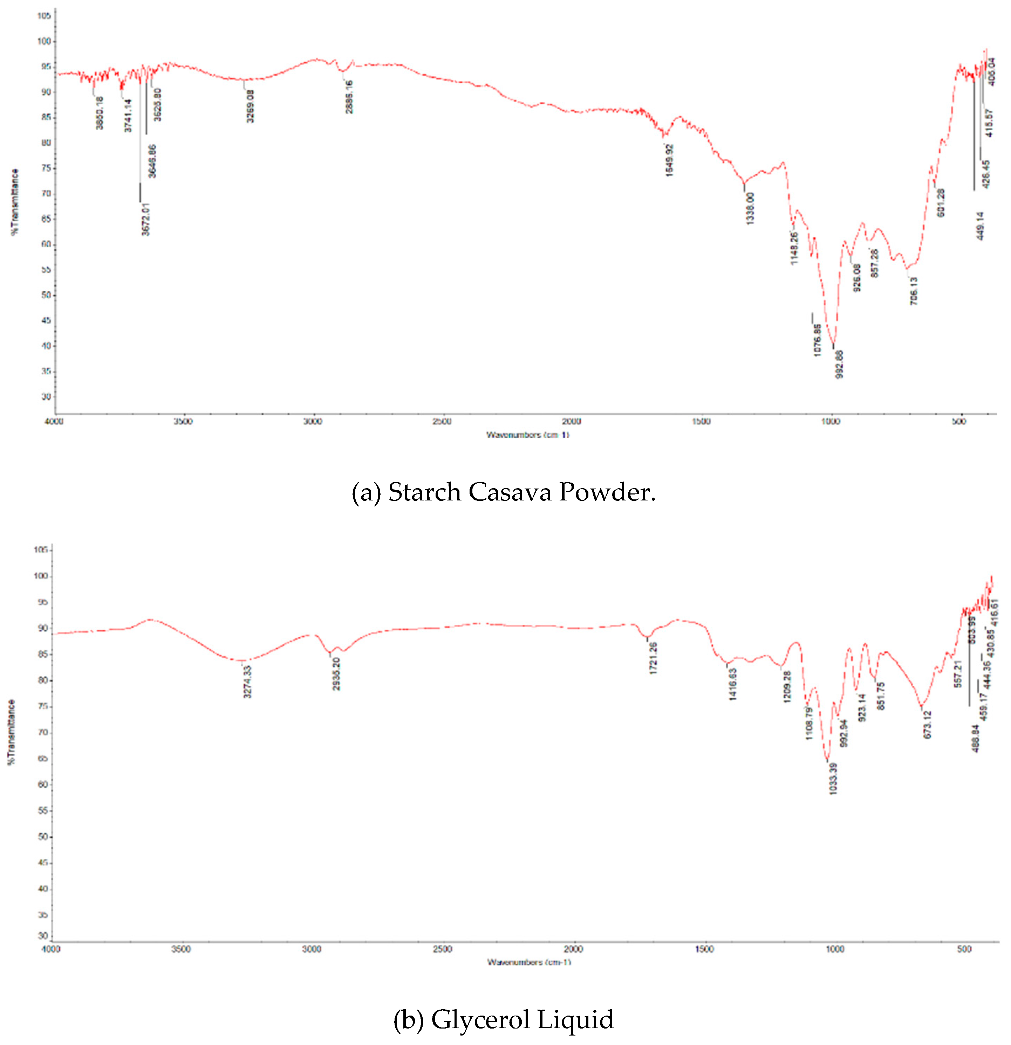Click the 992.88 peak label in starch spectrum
pyautogui.click(x=839, y=364)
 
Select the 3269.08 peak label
pyautogui.click(x=250, y=106)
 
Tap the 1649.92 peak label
pyautogui.click(x=670, y=160)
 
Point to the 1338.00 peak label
pyautogui.click(x=751, y=208)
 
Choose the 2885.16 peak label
pyautogui.click(x=349, y=97)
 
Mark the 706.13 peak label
pyautogui.click(x=914, y=291)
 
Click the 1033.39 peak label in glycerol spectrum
pyautogui.click(x=833, y=779)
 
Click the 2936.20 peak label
pyautogui.click(x=336, y=674)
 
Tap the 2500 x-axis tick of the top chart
pyautogui.click(x=442, y=422)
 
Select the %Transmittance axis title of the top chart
pyautogui.click(x=15, y=201)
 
